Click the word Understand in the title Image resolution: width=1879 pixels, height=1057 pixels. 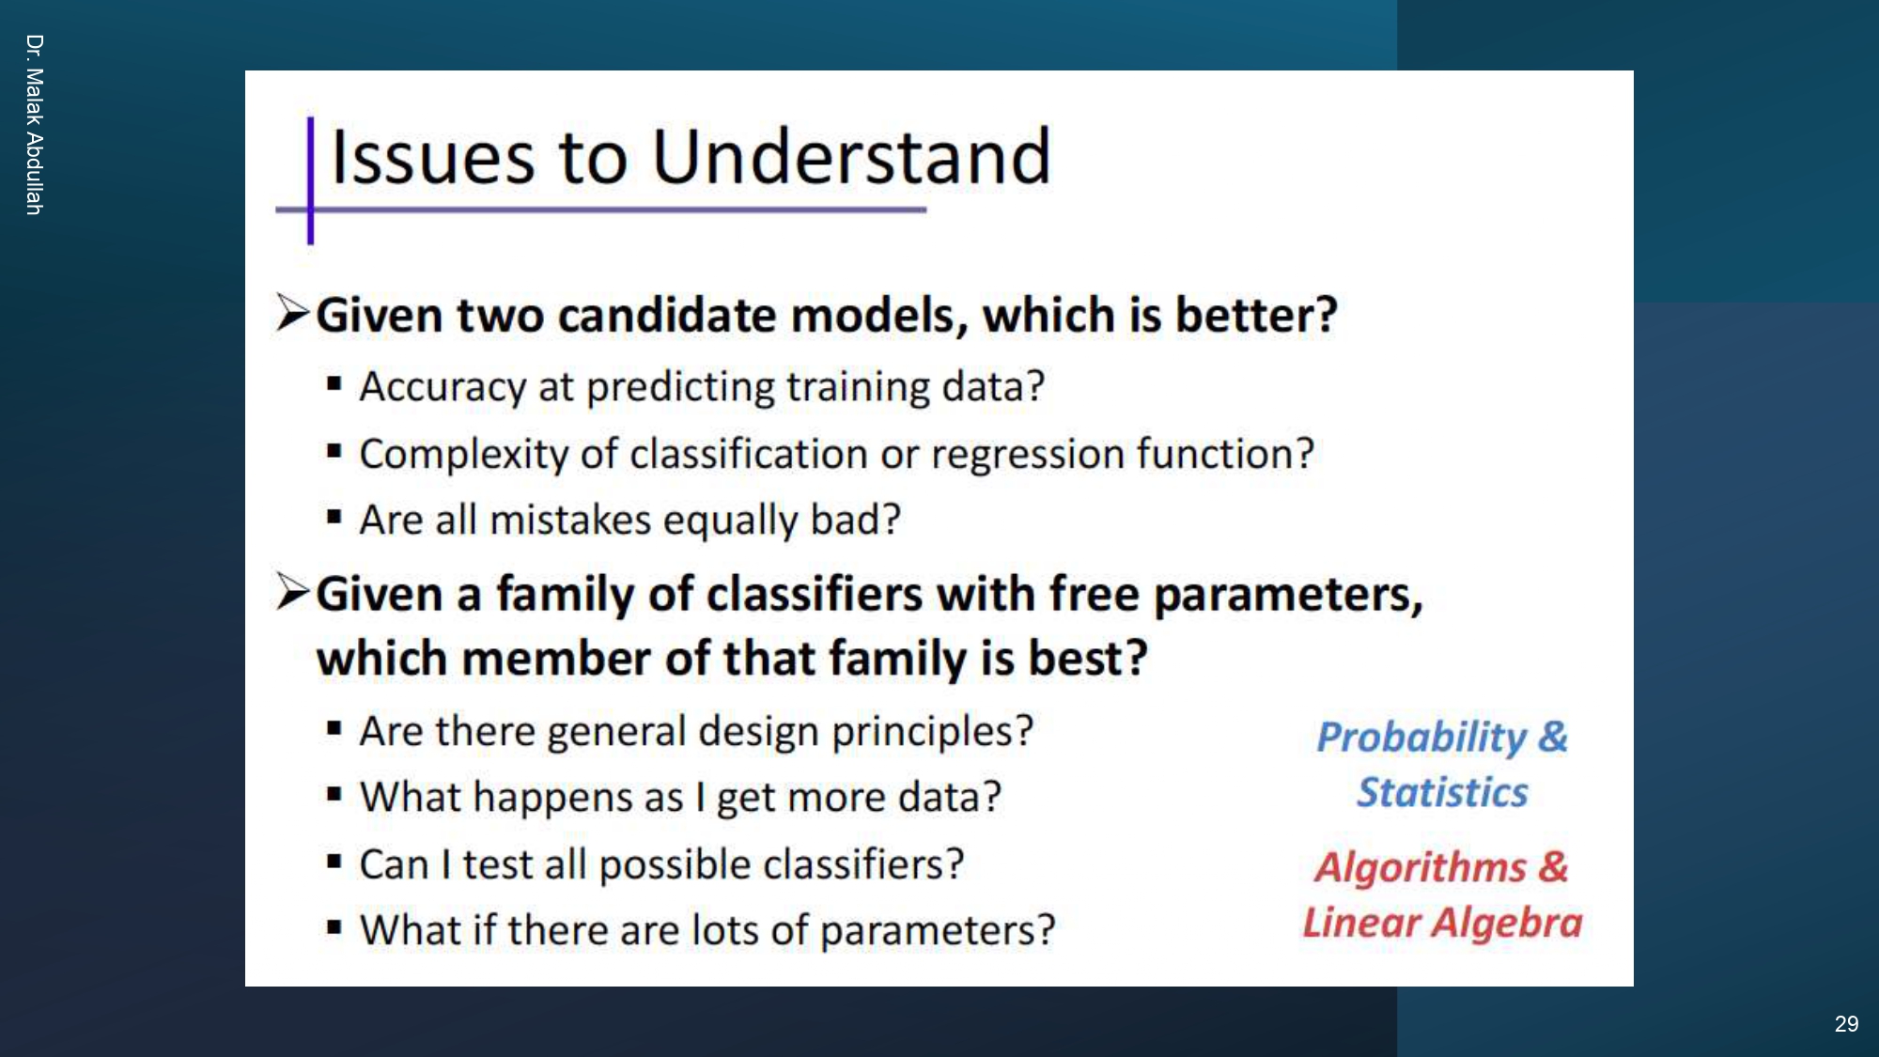[850, 157]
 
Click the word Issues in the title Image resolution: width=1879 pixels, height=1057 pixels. [433, 157]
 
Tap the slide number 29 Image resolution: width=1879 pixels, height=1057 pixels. [1845, 1024]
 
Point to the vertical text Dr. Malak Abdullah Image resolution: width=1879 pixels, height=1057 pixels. [35, 125]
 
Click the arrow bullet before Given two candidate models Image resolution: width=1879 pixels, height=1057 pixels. [292, 313]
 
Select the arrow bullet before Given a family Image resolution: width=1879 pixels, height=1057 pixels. [292, 592]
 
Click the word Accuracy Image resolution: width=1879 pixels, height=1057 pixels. [443, 387]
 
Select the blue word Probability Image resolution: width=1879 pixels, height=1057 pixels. [1421, 738]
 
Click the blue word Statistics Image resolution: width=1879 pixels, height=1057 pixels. [1442, 793]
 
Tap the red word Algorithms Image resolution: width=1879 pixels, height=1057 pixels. [1420, 867]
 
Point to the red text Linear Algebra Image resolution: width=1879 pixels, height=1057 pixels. [1442, 923]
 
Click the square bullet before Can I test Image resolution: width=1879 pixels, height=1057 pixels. [334, 861]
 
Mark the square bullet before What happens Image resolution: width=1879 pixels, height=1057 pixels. [334, 794]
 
